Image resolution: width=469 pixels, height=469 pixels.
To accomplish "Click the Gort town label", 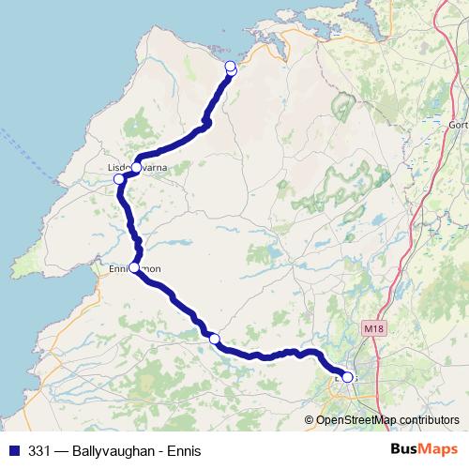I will click(x=459, y=125).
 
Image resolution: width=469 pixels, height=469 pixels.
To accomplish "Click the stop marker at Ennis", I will click(x=348, y=377).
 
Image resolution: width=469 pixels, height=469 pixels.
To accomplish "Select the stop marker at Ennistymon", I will click(x=135, y=268).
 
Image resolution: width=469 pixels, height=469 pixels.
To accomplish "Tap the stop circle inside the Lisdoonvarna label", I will click(x=136, y=167).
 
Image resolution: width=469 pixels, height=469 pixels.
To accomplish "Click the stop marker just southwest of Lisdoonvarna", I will click(x=119, y=179).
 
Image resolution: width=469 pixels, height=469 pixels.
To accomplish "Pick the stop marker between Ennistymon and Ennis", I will click(x=214, y=339).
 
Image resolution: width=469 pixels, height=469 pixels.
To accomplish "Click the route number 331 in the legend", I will click(x=39, y=450).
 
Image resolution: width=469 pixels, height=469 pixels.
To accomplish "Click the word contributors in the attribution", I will click(x=432, y=419).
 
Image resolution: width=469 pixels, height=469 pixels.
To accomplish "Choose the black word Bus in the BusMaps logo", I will click(x=404, y=449).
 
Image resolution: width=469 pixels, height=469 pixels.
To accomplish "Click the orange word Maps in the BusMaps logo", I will click(x=438, y=449).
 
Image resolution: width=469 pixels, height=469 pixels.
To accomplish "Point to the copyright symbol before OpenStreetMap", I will click(x=310, y=419).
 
